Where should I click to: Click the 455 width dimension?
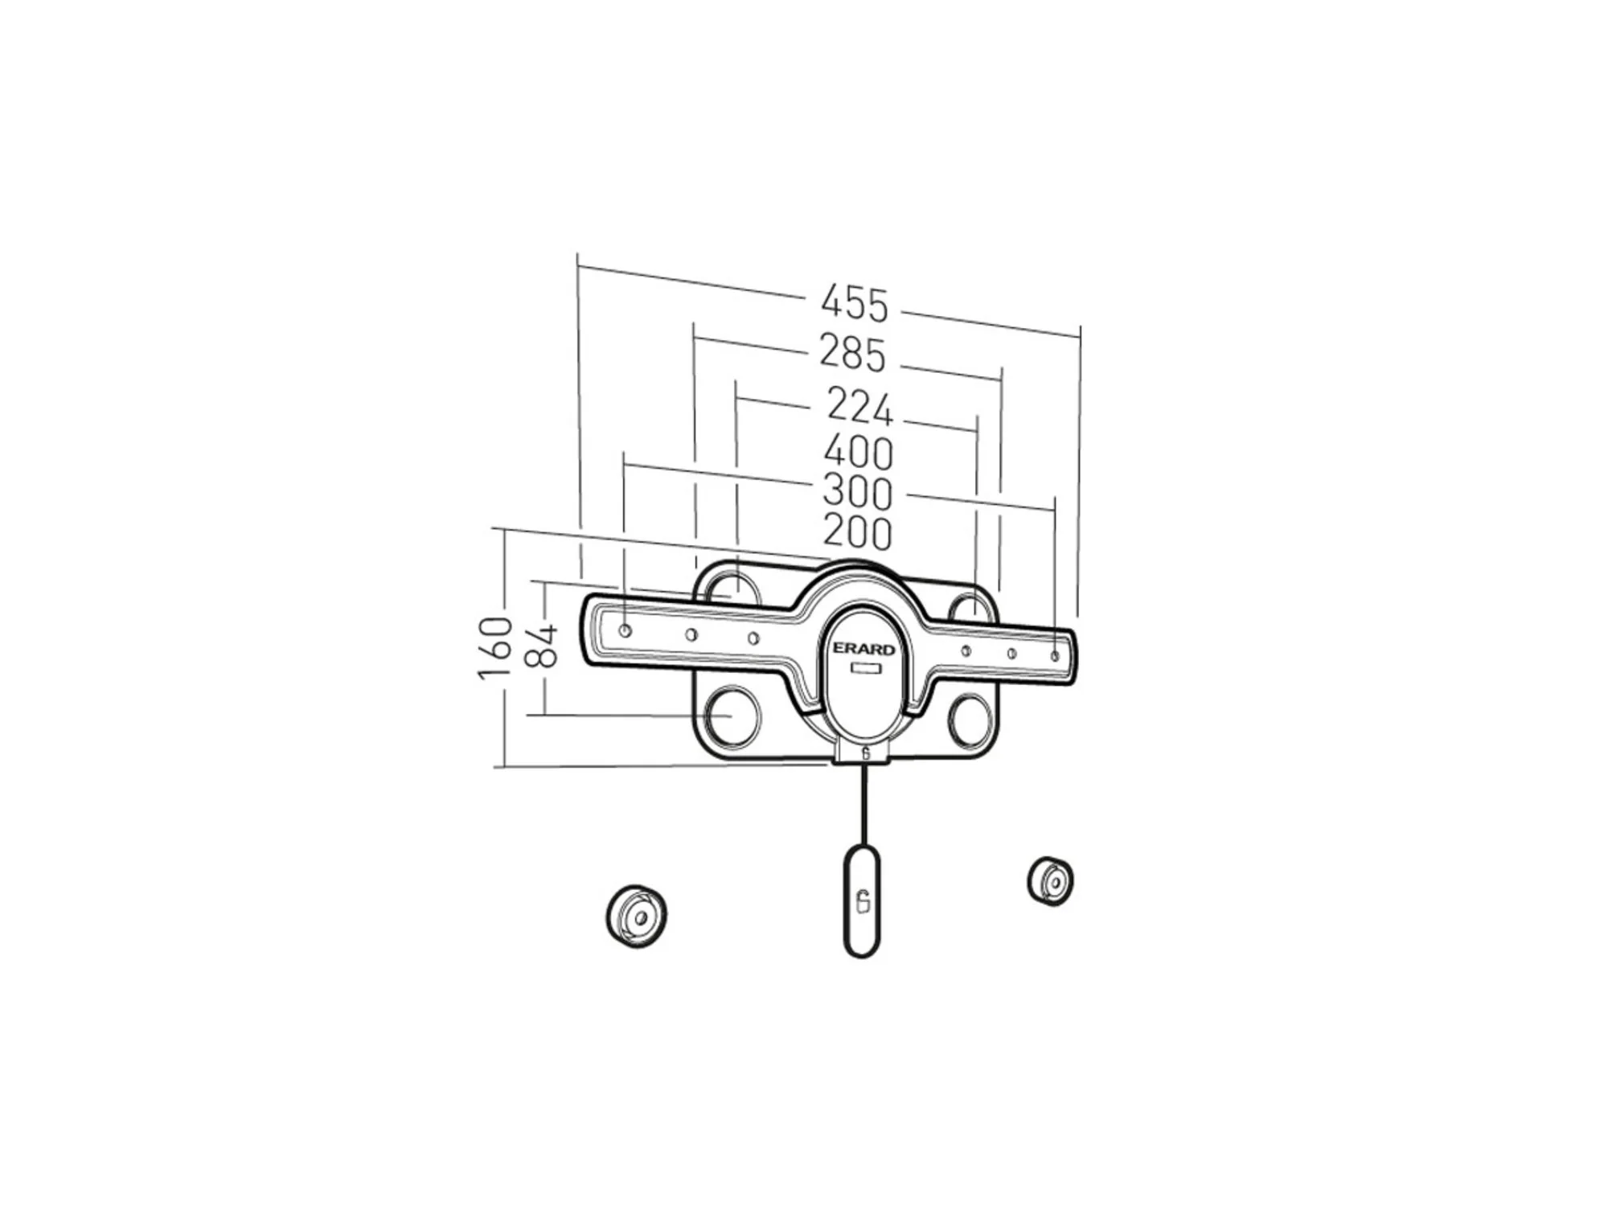click(855, 304)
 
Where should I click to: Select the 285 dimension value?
click(852, 354)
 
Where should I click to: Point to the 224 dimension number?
click(859, 407)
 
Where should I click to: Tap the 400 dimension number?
click(858, 453)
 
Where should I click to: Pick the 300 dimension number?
click(858, 493)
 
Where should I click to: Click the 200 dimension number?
click(858, 532)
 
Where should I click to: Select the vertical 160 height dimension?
click(495, 648)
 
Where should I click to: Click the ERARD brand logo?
click(863, 649)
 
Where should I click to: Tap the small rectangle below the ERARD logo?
click(865, 669)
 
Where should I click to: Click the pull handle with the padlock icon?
click(861, 900)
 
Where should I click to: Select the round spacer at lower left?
click(636, 917)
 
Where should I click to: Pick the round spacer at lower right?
click(1050, 881)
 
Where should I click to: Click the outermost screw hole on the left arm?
click(626, 630)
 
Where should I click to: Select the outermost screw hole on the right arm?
click(1055, 656)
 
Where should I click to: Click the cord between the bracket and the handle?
click(863, 804)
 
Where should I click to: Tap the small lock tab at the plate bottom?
click(864, 754)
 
